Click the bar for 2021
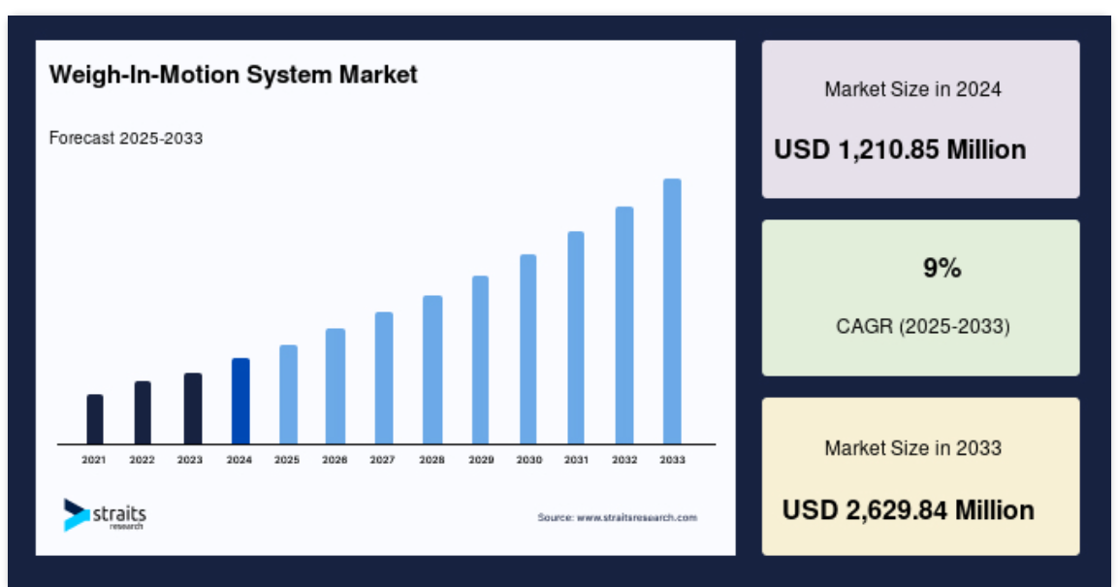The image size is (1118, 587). [x=95, y=419]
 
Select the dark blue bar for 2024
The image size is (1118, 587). [x=240, y=401]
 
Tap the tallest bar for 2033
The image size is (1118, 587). [x=672, y=311]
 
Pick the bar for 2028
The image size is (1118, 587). [x=432, y=371]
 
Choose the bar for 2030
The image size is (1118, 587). [x=527, y=349]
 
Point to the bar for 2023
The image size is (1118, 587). [x=193, y=408]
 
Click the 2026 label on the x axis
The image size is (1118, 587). [x=335, y=460]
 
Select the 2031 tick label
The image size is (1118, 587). [x=576, y=460]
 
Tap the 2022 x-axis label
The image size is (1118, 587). [x=142, y=460]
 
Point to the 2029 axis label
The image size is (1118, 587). [x=481, y=460]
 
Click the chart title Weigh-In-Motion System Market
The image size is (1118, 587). [x=233, y=75]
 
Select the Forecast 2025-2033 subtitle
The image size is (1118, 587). [x=126, y=138]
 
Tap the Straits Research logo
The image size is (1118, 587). [x=105, y=514]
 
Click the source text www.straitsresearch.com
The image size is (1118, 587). [x=637, y=518]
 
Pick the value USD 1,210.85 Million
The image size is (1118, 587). [x=900, y=149]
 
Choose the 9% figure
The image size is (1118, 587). [x=942, y=268]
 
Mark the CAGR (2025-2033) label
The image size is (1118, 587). [x=923, y=327]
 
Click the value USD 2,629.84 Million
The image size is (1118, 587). [x=909, y=510]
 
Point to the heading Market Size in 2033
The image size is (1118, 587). [x=913, y=448]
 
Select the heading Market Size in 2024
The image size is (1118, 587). [x=913, y=89]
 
